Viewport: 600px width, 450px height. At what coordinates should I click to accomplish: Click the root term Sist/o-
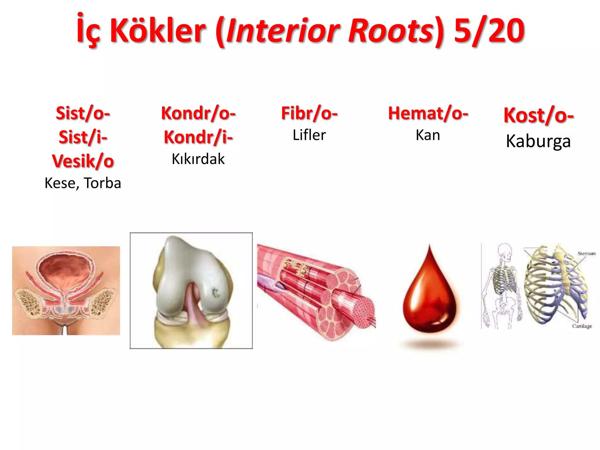tap(83, 113)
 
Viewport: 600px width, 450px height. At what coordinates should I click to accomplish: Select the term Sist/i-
tap(83, 137)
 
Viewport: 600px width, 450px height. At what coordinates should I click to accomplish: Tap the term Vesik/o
tap(83, 161)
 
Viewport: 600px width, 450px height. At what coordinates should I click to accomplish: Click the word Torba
tap(102, 183)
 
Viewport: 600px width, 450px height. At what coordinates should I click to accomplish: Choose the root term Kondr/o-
tap(198, 113)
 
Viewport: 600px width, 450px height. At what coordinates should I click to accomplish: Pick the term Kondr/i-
tap(198, 137)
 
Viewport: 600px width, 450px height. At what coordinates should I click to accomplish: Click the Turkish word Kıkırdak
tap(198, 159)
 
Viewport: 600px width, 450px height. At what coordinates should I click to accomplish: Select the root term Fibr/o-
tap(309, 113)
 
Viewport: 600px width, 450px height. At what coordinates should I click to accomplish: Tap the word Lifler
tap(309, 135)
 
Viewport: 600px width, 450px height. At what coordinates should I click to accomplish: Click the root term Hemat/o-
tap(428, 113)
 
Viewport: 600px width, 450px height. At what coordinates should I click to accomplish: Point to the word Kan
tap(428, 135)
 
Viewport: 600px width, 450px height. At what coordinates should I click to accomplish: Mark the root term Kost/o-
tap(538, 115)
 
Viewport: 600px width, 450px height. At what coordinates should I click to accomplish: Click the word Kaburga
tap(538, 141)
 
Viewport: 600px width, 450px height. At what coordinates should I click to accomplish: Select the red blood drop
tap(429, 296)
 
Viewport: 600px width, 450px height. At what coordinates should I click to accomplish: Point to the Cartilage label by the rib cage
tap(582, 326)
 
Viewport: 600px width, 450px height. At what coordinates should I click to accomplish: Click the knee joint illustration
tap(191, 291)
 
